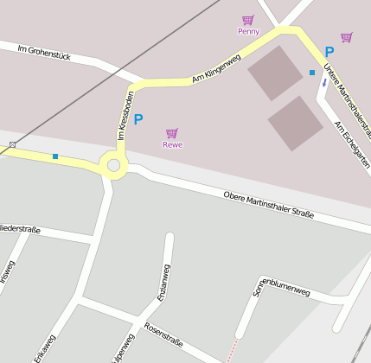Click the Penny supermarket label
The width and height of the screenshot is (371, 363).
(x=248, y=31)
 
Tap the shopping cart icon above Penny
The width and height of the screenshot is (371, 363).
(x=248, y=20)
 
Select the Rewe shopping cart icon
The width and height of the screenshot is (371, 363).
(x=172, y=133)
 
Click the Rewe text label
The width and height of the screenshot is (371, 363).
(x=172, y=144)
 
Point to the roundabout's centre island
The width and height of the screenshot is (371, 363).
(x=112, y=164)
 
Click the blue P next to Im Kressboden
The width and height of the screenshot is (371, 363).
(x=138, y=119)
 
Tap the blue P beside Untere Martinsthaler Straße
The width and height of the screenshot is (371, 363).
(x=329, y=52)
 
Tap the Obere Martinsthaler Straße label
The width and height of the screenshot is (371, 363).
(x=268, y=207)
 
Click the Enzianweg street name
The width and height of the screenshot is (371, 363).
(x=163, y=282)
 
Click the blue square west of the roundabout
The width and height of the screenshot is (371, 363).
(x=55, y=156)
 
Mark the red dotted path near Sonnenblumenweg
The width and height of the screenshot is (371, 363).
(x=230, y=351)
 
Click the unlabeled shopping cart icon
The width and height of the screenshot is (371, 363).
(x=346, y=37)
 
